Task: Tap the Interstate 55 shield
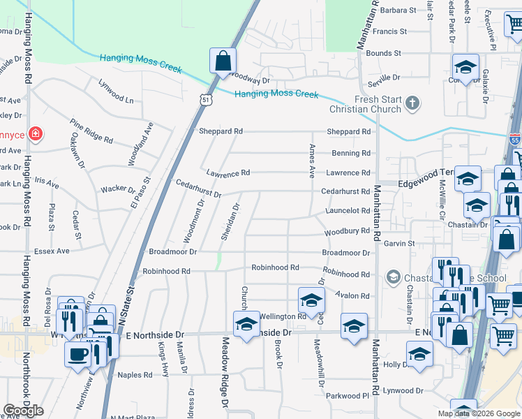(x=514, y=140)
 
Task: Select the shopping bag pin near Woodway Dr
(x=223, y=61)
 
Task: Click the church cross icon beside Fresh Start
(x=412, y=104)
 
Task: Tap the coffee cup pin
(x=76, y=353)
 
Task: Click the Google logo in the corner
(x=23, y=411)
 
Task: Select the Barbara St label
(x=398, y=10)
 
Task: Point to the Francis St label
(x=389, y=31)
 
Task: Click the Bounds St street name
(x=383, y=53)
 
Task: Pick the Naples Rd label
(x=135, y=375)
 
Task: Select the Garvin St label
(x=399, y=244)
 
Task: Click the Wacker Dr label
(x=118, y=189)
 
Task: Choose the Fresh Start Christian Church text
(x=368, y=104)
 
